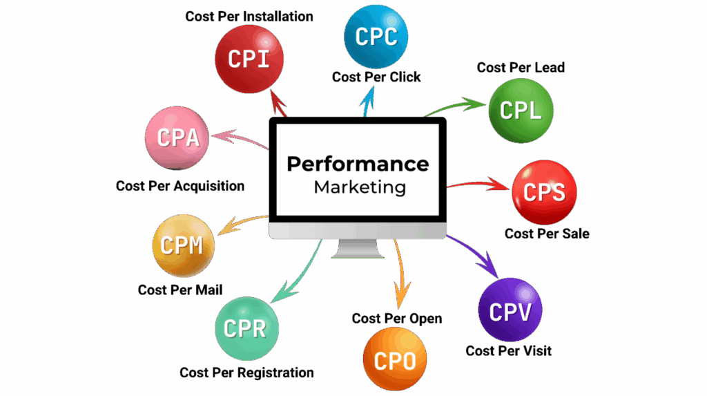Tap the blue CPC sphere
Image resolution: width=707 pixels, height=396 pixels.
tap(376, 36)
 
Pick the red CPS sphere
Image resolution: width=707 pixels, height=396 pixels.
tap(544, 192)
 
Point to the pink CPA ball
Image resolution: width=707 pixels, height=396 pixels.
tap(178, 138)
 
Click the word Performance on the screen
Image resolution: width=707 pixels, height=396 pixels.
tap(358, 164)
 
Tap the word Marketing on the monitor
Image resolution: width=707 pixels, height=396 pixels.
tap(360, 187)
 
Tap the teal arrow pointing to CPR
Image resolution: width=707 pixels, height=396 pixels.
tap(293, 273)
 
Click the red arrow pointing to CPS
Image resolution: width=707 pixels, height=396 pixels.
tap(476, 185)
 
